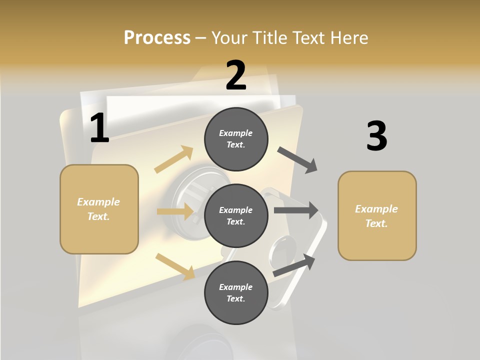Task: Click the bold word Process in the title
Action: point(157,37)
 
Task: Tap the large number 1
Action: point(99,128)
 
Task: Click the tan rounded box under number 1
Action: point(99,209)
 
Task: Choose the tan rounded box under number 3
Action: point(377,216)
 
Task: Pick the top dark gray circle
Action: point(236,139)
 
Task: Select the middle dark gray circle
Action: point(236,215)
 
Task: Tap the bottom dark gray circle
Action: point(236,292)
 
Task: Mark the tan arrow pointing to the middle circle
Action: point(175,211)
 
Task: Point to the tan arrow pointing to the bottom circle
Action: point(175,266)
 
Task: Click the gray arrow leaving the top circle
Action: point(297,160)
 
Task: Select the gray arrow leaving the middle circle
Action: point(296,210)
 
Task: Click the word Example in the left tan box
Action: point(98,202)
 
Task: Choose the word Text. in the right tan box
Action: point(376,223)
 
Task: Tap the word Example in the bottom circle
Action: point(235,287)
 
